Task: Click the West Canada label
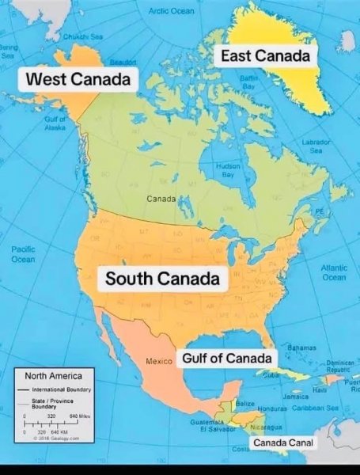tap(78, 80)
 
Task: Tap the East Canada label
tap(264, 55)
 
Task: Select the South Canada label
tap(162, 279)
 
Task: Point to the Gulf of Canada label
tap(227, 359)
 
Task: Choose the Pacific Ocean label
tap(23, 254)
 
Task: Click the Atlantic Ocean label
tap(334, 273)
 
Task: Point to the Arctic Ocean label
tap(170, 10)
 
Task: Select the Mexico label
tap(159, 361)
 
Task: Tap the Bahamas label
tap(301, 348)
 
